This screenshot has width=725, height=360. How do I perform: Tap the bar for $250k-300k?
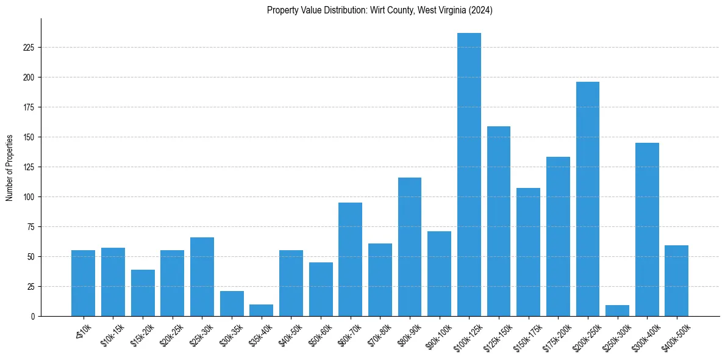click(617, 311)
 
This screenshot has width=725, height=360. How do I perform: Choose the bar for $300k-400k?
click(647, 229)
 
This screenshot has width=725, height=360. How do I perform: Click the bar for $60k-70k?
click(350, 259)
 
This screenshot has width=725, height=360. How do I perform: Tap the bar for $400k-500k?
click(677, 281)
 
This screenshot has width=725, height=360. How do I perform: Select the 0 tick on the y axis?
click(35, 317)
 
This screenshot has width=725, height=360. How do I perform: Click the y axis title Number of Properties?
click(10, 167)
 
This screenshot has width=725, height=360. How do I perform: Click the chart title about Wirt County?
click(380, 10)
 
